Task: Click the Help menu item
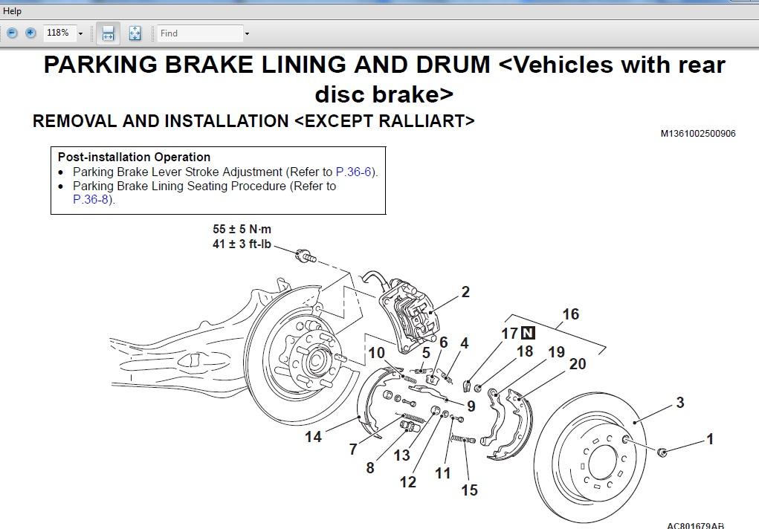[12, 11]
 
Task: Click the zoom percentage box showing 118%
[57, 33]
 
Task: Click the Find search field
[199, 33]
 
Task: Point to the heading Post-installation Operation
[134, 158]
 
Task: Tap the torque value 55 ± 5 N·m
[242, 230]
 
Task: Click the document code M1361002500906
[698, 134]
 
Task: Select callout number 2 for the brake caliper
[465, 292]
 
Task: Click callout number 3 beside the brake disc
[680, 403]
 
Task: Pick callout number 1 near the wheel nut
[710, 439]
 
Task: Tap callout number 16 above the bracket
[570, 314]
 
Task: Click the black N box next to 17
[528, 334]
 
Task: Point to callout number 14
[313, 437]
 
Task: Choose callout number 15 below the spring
[469, 490]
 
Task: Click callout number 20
[578, 364]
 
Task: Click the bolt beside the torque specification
[306, 257]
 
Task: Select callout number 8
[370, 468]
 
